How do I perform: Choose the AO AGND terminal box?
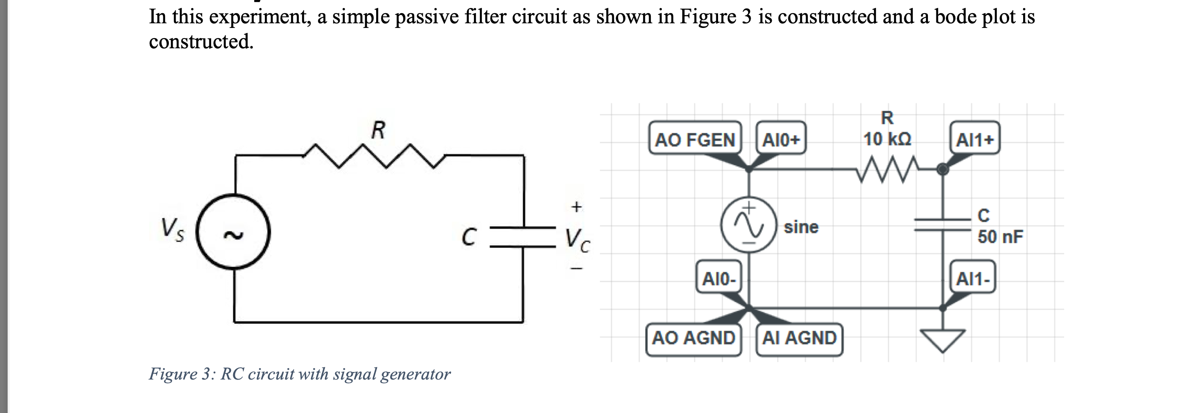(693, 338)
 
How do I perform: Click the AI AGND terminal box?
(799, 338)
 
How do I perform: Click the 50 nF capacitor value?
(1000, 237)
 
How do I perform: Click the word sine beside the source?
(801, 227)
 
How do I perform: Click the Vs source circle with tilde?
(234, 233)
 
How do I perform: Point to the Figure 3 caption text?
(300, 374)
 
